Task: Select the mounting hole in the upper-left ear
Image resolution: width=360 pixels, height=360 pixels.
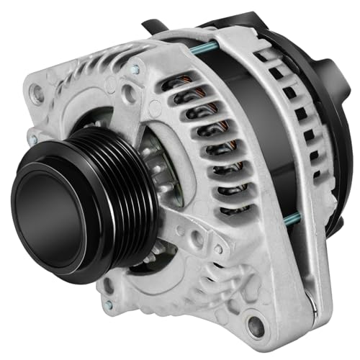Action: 38,94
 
